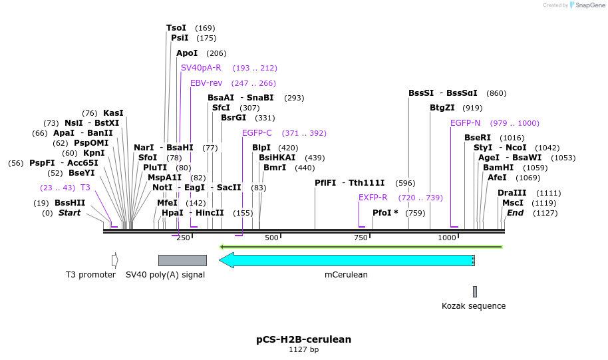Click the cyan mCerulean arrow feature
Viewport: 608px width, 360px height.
pos(346,260)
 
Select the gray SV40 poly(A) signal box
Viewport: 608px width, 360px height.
pos(182,260)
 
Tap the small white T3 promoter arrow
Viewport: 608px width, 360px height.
pos(115,260)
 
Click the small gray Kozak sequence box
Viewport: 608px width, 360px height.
pos(474,291)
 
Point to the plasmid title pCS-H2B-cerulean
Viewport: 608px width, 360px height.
pos(303,339)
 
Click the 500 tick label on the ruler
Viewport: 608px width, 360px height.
pos(271,238)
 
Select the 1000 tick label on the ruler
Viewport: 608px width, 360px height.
pos(447,238)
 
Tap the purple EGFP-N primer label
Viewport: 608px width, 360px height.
pos(465,123)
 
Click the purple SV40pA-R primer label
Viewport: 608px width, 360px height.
pos(201,68)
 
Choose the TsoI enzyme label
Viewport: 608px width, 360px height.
pos(176,28)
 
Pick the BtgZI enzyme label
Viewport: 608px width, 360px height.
pos(442,108)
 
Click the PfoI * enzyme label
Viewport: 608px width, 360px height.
pos(385,213)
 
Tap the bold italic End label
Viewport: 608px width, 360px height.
pos(516,213)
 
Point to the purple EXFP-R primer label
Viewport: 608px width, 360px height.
pos(373,198)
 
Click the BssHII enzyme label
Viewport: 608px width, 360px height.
pos(70,203)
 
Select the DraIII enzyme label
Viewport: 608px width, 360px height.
pos(511,193)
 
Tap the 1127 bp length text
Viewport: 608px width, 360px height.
pos(303,350)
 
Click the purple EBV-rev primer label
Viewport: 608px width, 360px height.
pos(206,83)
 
